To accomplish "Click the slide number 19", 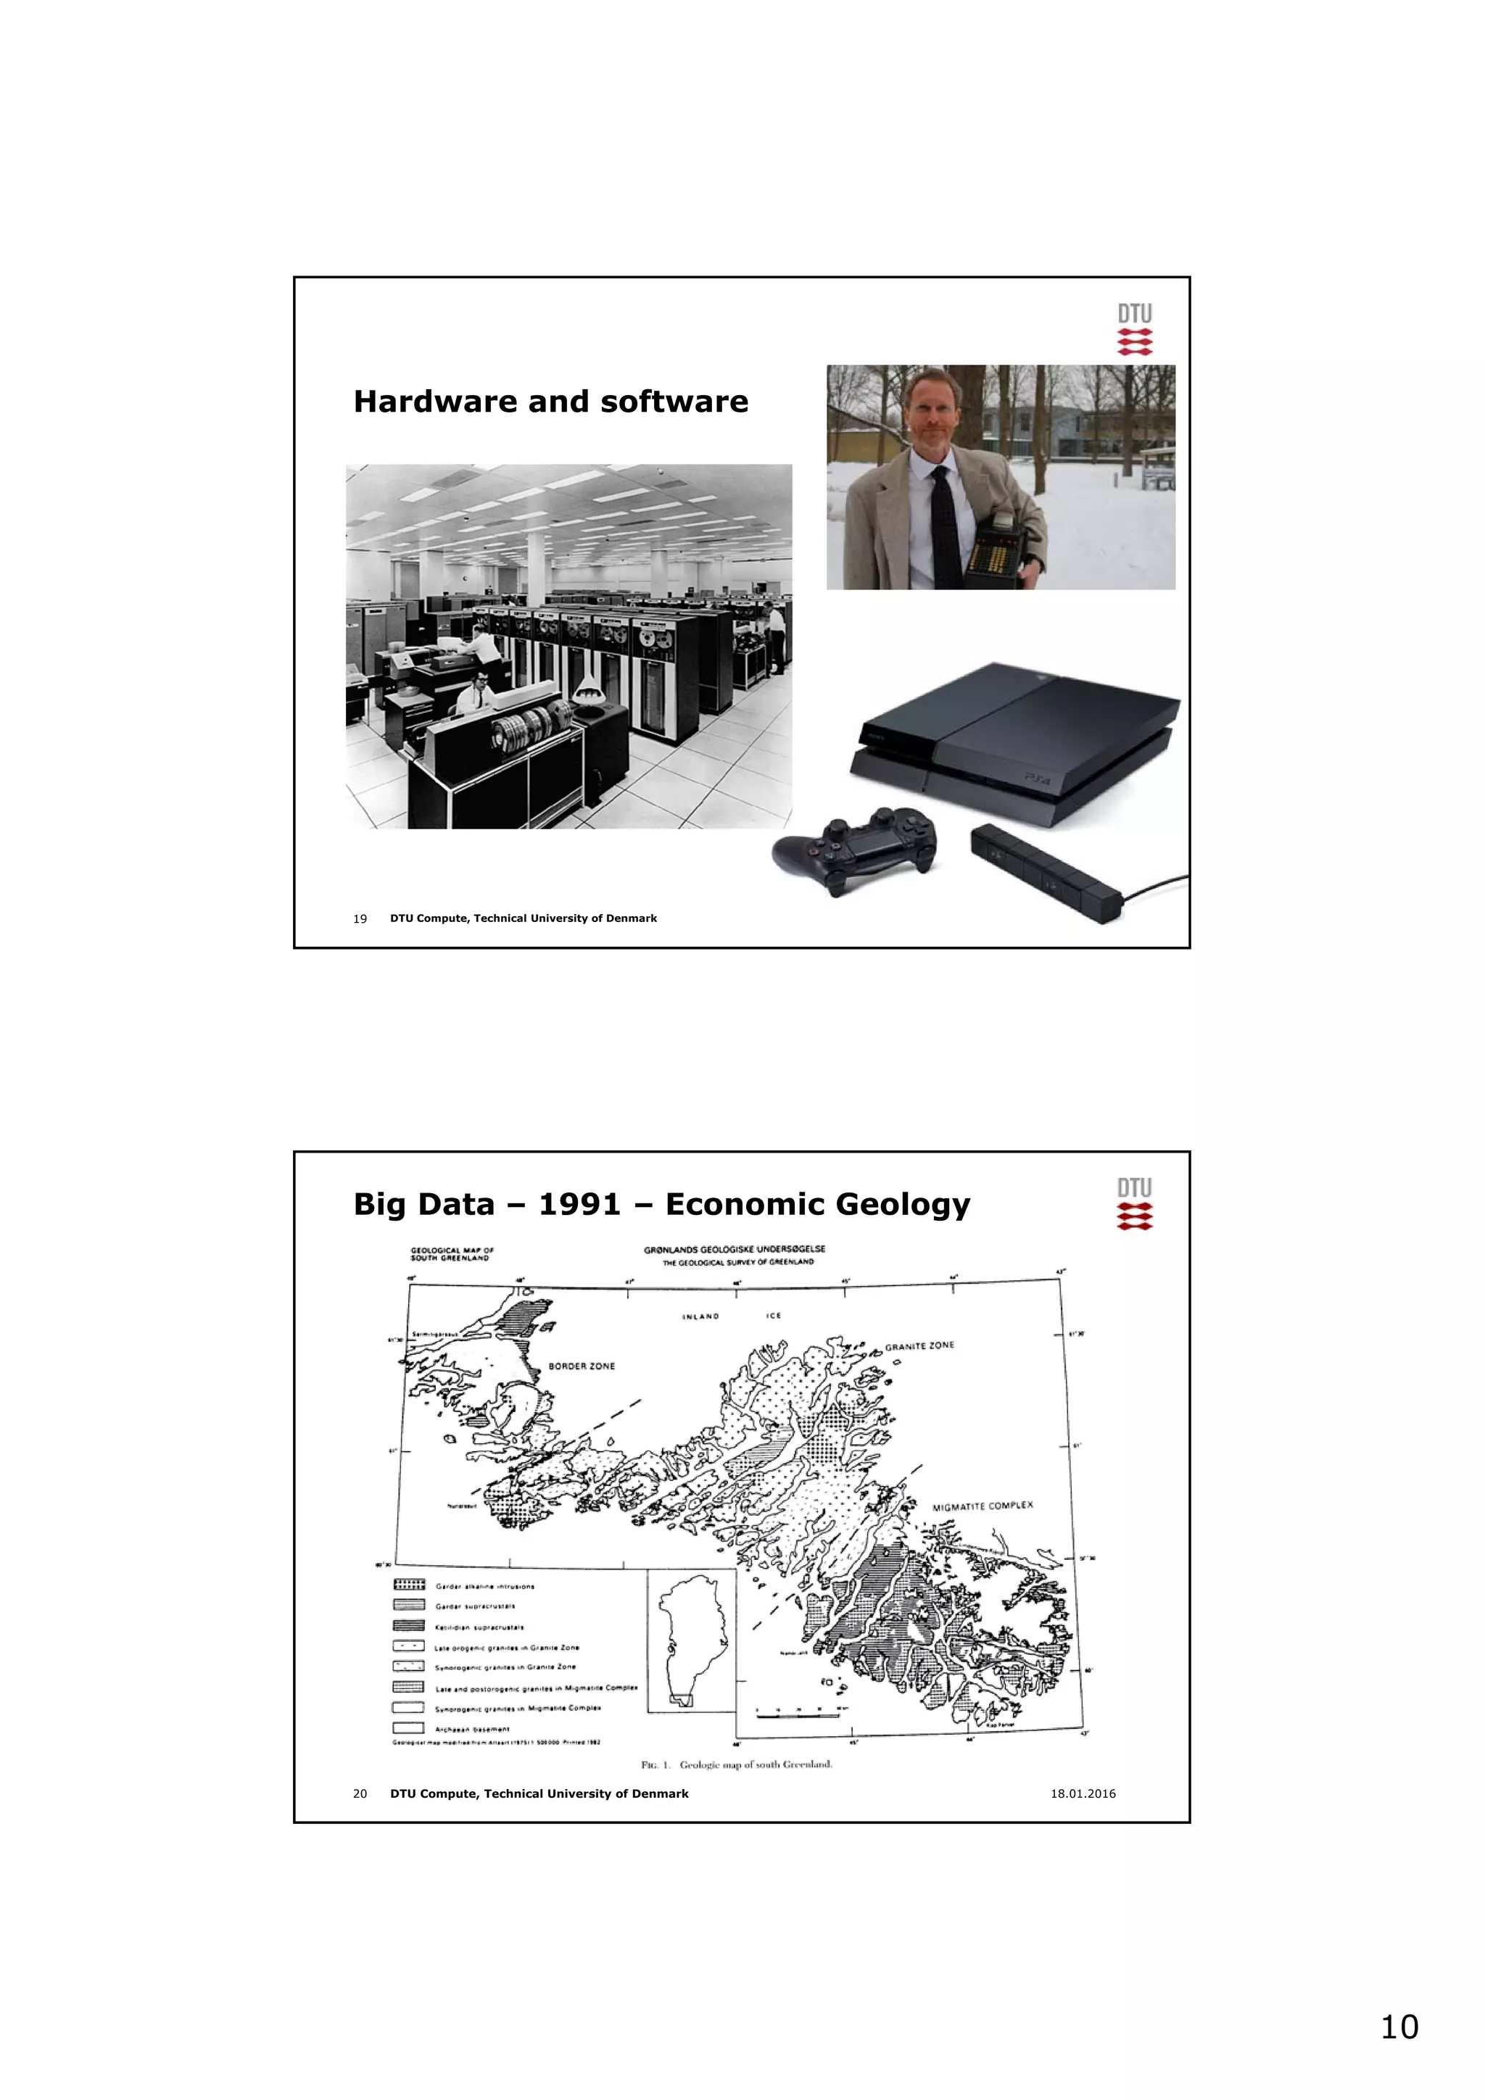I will click(360, 918).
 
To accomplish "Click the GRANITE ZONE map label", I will click(919, 1346).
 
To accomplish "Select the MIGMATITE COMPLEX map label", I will click(982, 1506).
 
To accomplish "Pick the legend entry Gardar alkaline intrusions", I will click(485, 1587).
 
